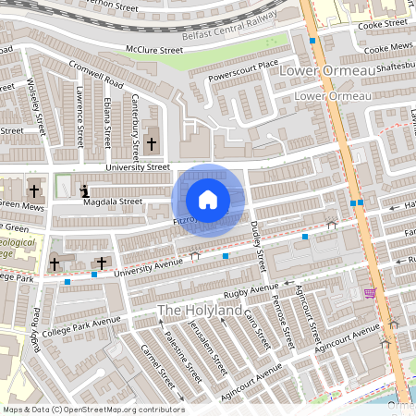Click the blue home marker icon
pyautogui.click(x=208, y=199)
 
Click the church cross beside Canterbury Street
pyautogui.click(x=152, y=143)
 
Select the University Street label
pyautogui.click(x=138, y=167)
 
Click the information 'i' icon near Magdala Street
pyautogui.click(x=86, y=191)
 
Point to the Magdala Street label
pyautogui.click(x=115, y=201)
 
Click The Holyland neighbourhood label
pyautogui.click(x=200, y=310)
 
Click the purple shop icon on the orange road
pyautogui.click(x=371, y=293)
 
